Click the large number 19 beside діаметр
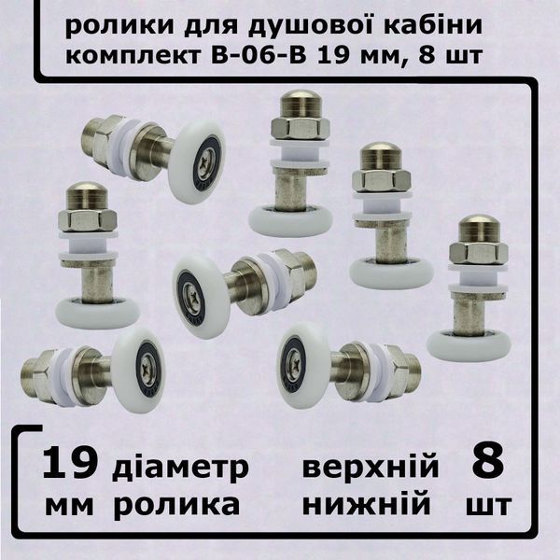69,463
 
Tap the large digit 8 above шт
488,463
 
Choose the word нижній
367,504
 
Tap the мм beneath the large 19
69,505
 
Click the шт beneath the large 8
489,505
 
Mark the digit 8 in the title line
427,55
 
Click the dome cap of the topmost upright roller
301,104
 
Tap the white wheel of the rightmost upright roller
469,343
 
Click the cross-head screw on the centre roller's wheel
191,294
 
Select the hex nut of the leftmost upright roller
87,219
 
